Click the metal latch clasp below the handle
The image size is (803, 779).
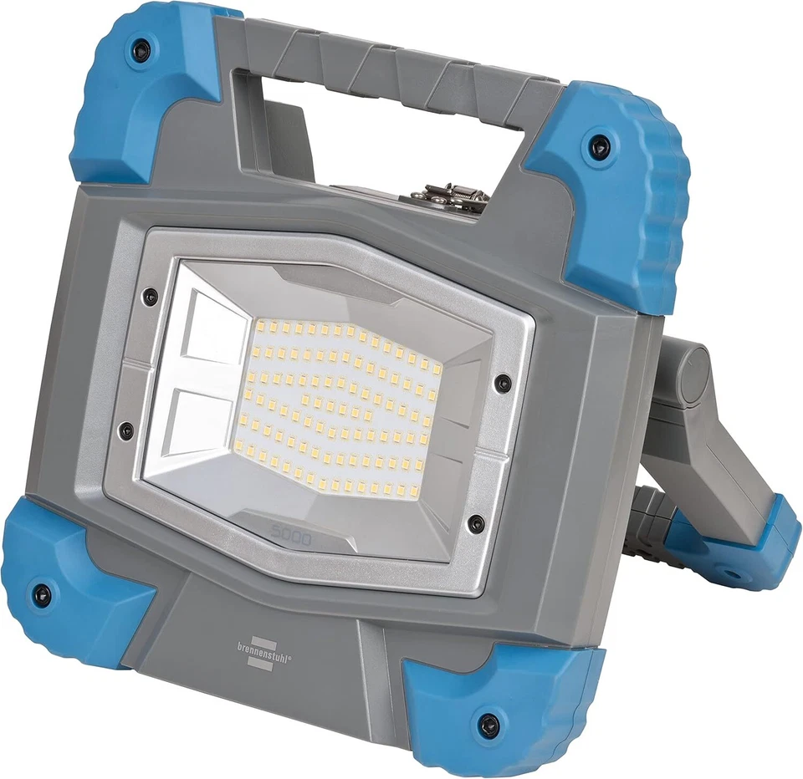(449, 197)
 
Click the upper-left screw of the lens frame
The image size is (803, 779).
(150, 295)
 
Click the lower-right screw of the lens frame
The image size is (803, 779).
(476, 524)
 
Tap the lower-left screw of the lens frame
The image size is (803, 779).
(125, 431)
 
